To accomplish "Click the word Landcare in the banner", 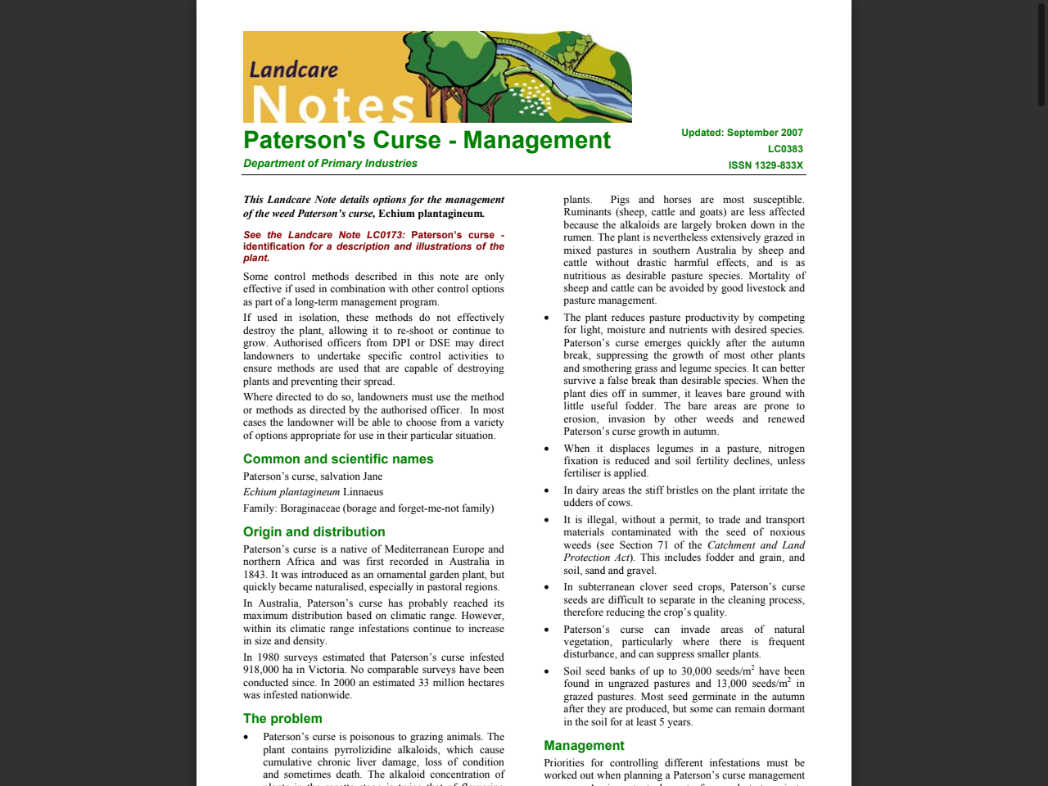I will click(x=293, y=70).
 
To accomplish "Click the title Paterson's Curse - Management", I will click(x=427, y=140).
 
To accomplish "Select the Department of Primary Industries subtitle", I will click(x=330, y=164).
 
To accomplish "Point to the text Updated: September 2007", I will click(x=742, y=133).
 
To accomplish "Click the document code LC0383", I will click(x=785, y=149).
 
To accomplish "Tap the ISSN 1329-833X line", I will click(x=766, y=165).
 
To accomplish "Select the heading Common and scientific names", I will click(x=338, y=459).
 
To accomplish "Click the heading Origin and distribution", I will click(x=314, y=532).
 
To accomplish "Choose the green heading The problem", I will click(x=282, y=719).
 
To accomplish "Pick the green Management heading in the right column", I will click(x=584, y=746).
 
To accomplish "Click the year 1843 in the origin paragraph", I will click(x=255, y=575).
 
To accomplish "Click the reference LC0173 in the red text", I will click(x=385, y=235).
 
